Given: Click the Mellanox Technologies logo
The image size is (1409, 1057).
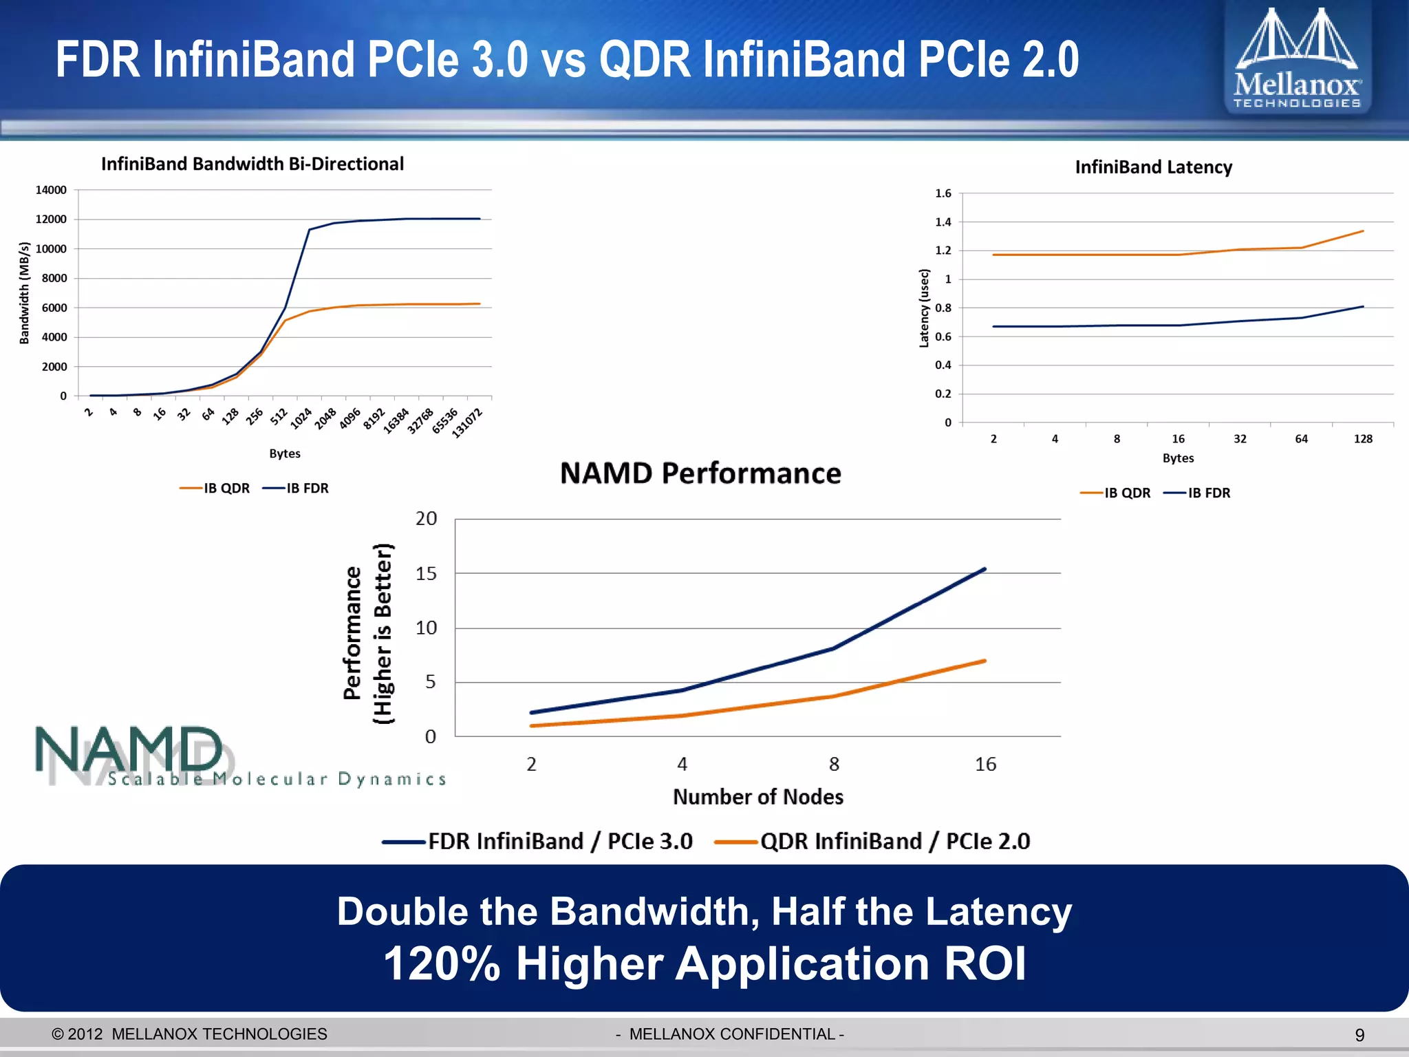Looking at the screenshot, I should (1297, 58).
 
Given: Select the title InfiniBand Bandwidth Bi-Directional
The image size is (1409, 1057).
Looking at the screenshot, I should (252, 164).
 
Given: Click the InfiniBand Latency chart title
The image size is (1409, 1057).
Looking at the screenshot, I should (1153, 167).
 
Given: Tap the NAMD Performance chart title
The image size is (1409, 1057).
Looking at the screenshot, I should (700, 473).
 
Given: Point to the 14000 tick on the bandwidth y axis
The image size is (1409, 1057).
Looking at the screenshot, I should (52, 190).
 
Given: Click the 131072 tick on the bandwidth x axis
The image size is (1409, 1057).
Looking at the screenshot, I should (468, 423).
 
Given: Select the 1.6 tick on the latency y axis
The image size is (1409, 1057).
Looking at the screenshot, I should (943, 193).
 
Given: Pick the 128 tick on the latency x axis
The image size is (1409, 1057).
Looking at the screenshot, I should (1362, 439).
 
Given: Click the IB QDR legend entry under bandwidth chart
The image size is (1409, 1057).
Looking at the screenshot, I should (215, 488).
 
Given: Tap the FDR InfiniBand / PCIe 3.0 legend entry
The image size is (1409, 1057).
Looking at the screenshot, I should (538, 841).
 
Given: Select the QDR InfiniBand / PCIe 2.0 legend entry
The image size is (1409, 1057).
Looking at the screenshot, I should (872, 841).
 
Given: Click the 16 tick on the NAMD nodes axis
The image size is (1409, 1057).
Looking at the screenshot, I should (985, 764).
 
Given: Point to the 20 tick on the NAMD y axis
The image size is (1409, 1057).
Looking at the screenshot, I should (426, 519).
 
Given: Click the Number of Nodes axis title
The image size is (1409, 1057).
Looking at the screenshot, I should (757, 797).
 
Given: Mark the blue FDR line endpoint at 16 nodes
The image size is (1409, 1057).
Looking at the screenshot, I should (985, 569).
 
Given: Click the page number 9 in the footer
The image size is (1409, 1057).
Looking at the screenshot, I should (1359, 1035).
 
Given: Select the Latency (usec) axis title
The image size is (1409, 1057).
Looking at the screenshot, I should (924, 308).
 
